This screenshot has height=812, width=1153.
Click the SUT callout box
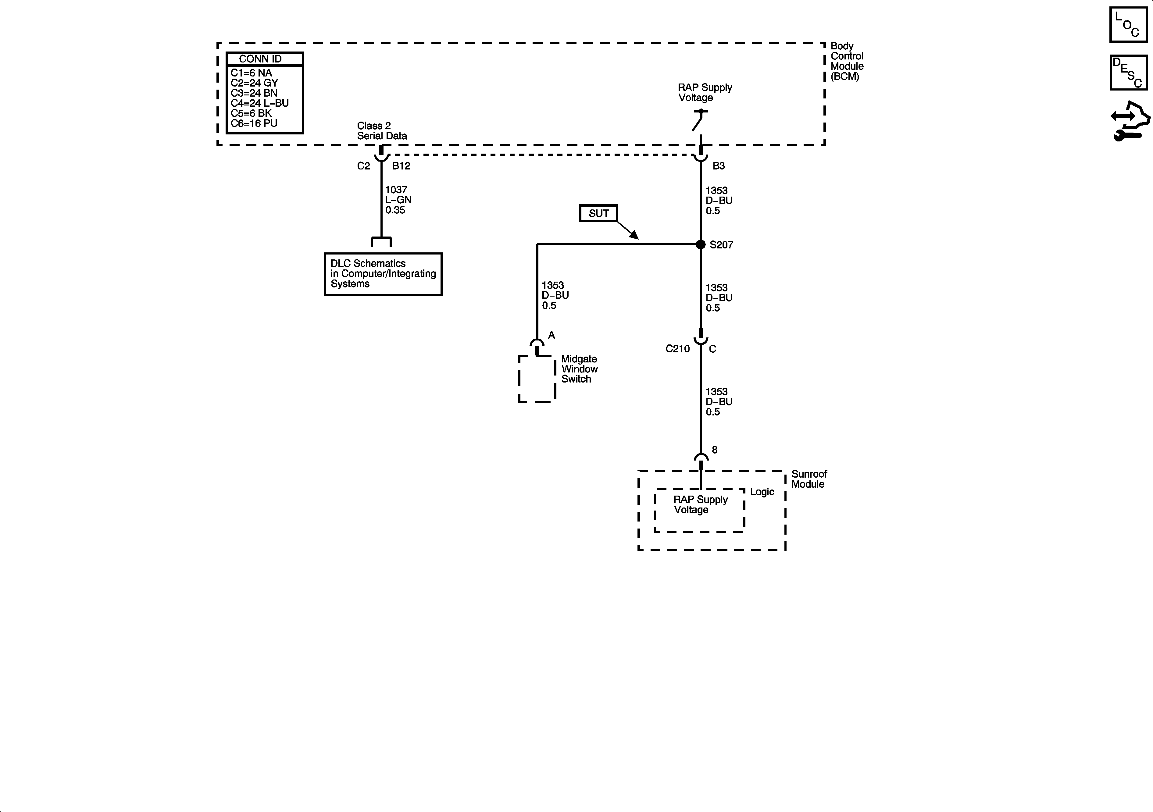click(x=598, y=213)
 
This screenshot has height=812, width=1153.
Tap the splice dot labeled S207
click(x=701, y=244)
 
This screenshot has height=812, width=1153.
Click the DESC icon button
click(x=1128, y=73)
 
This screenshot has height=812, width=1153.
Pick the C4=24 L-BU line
click(x=260, y=103)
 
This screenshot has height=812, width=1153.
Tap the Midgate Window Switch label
click(x=579, y=369)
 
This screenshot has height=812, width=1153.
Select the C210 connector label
click(x=677, y=349)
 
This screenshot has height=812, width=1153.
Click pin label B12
click(x=401, y=166)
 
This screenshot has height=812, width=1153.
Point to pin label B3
click(x=718, y=166)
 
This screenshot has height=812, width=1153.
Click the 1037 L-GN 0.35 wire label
click(x=398, y=200)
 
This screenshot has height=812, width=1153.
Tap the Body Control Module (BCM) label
click(x=847, y=61)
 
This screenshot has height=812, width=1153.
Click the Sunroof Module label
click(x=809, y=479)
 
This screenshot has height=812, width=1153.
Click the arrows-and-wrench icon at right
click(x=1130, y=122)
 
